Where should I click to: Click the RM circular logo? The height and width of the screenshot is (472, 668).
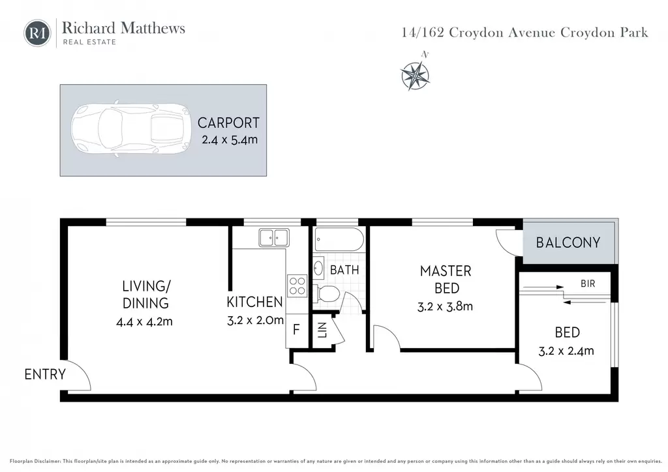point(37,33)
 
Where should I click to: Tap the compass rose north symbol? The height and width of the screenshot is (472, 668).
point(416,76)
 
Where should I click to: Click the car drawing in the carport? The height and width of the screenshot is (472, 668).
point(130,128)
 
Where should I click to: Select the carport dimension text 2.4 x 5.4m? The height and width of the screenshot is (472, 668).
point(230,140)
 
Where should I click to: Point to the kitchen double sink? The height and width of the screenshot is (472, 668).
point(274,237)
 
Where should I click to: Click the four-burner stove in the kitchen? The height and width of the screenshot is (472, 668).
point(297,286)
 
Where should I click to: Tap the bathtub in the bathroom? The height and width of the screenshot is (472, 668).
point(339,239)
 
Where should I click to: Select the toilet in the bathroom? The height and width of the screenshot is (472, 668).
point(326,293)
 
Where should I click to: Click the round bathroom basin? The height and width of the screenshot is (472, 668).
point(318,268)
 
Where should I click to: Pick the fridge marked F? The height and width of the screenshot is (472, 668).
point(297,329)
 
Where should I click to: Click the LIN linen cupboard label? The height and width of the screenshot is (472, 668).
point(322,330)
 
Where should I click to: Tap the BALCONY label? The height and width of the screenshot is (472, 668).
point(568,243)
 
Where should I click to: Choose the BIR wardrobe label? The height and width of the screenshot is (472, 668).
point(588,284)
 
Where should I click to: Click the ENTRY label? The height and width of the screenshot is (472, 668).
point(45,374)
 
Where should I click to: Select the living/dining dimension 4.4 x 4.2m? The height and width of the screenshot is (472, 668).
point(144,321)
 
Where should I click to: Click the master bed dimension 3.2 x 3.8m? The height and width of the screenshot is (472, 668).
point(445,306)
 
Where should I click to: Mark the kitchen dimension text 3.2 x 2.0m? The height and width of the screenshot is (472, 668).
point(255,320)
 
